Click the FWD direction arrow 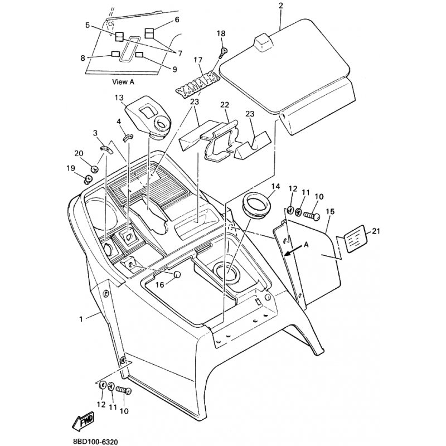tap(83, 421)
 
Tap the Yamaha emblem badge tap(197, 85)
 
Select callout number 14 tap(275, 186)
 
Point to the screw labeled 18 tap(223, 53)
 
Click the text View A tap(123, 82)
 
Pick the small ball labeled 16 tap(177, 274)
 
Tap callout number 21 tap(376, 231)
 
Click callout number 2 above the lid tap(281, 6)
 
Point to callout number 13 tap(119, 98)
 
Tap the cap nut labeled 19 tap(88, 179)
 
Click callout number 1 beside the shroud tap(81, 319)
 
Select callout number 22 tap(225, 105)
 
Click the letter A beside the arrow tap(306, 244)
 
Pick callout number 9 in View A tap(174, 69)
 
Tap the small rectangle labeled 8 tap(115, 54)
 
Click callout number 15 tap(330, 212)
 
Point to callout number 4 tap(119, 122)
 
